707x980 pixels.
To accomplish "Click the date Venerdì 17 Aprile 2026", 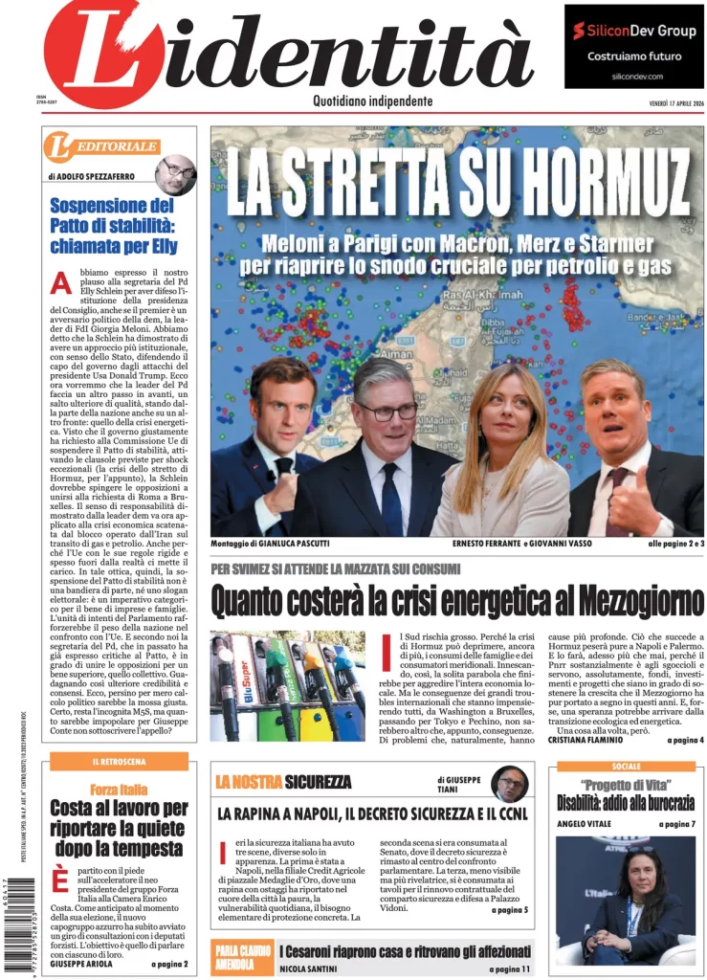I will pos(663,103).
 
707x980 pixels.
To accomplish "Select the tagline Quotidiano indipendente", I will pos(372,101).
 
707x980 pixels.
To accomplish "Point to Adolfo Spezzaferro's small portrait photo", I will pos(176,173).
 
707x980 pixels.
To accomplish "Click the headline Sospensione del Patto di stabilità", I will pos(112,225).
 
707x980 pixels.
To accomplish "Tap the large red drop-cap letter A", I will pos(61,283).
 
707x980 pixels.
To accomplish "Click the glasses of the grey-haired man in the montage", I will pos(387,411).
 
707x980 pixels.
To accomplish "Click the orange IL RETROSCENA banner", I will pos(119,761).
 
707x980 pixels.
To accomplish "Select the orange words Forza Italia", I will pos(119,789).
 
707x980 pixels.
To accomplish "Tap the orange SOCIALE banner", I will pos(626,767).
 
